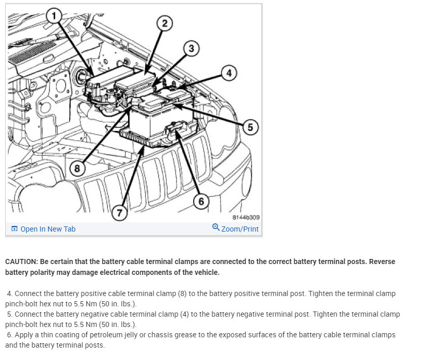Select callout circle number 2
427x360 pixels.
(164, 23)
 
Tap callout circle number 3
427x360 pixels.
(191, 48)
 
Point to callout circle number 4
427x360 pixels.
(229, 73)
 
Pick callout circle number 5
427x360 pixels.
(250, 127)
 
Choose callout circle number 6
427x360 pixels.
(201, 201)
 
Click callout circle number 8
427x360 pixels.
(77, 168)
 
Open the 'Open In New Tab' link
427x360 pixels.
(48, 229)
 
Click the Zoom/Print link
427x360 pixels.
(240, 229)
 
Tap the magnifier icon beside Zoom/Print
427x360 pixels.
(216, 227)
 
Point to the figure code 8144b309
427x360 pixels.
(246, 218)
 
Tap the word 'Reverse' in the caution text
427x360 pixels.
(382, 261)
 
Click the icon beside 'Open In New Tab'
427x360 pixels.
(14, 229)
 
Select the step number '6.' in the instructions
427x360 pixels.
(9, 335)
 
